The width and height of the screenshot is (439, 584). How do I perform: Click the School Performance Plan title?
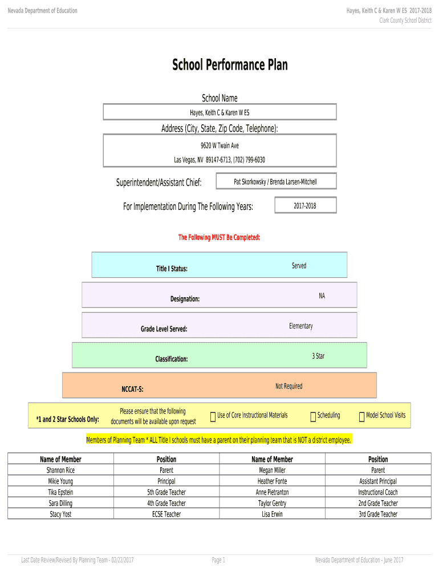[230, 65]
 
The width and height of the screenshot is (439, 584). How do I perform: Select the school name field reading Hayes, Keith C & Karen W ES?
[219, 112]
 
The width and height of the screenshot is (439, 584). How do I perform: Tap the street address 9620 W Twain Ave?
[219, 145]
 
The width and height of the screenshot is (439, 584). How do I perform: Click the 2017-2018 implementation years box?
[306, 205]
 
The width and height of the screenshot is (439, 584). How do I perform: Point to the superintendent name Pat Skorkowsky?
[250, 182]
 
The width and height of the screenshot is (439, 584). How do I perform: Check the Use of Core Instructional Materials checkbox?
[213, 417]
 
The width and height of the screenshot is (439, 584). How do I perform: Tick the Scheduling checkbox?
[313, 417]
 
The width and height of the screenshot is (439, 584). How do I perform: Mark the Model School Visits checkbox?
[361, 417]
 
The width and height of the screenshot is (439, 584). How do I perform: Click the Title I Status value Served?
[299, 266]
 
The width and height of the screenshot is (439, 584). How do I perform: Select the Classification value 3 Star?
[318, 356]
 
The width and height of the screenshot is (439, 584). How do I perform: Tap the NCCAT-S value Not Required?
[289, 386]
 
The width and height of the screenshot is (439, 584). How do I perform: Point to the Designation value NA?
[322, 296]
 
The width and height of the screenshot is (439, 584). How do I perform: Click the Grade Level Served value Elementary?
[301, 326]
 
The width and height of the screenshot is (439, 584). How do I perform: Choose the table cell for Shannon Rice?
[60, 470]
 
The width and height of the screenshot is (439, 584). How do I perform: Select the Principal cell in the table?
[166, 481]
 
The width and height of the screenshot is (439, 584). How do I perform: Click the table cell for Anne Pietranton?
[272, 492]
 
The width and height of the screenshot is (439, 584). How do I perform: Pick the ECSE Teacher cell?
[166, 514]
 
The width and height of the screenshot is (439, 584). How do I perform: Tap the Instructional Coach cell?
[378, 492]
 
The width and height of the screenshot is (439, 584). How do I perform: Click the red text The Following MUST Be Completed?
[219, 237]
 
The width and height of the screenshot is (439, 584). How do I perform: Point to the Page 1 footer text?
[218, 560]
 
